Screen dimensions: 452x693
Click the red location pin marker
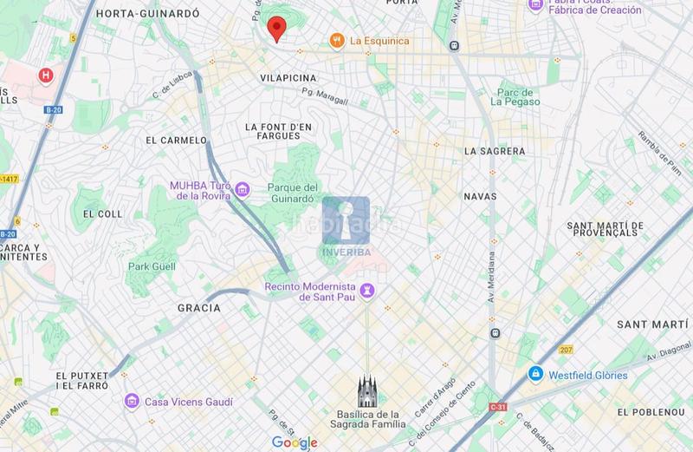pyautogui.click(x=276, y=28)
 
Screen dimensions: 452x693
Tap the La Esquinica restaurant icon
pyautogui.click(x=335, y=41)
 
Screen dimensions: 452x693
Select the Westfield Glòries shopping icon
pyautogui.click(x=537, y=375)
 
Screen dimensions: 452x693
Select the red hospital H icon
pyautogui.click(x=45, y=75)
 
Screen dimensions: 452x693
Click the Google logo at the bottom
pyautogui.click(x=295, y=442)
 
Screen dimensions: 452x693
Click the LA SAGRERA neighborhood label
pyautogui.click(x=495, y=151)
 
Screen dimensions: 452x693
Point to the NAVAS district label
pyautogui.click(x=481, y=196)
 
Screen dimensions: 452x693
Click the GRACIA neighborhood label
pyautogui.click(x=196, y=308)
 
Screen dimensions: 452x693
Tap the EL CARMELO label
pyautogui.click(x=177, y=140)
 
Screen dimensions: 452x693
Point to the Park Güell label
pyautogui.click(x=152, y=267)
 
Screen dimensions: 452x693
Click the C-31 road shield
pyautogui.click(x=497, y=407)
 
